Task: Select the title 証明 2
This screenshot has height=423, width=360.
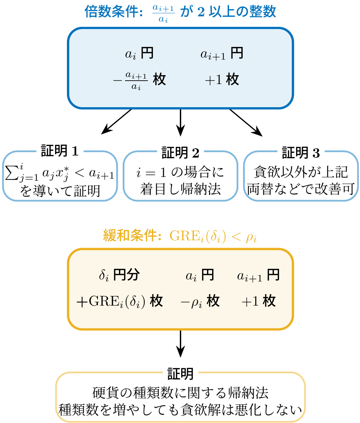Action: click(x=180, y=153)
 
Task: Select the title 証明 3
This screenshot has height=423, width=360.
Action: click(x=301, y=153)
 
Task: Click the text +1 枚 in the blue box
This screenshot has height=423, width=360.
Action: click(x=222, y=80)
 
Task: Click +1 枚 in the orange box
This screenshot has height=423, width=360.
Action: click(x=258, y=301)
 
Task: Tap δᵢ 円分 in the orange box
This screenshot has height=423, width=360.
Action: click(x=119, y=275)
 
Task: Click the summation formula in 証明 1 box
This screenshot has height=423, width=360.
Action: click(x=60, y=173)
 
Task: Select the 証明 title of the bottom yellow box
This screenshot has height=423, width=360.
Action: click(x=180, y=374)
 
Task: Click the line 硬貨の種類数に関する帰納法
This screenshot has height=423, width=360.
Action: click(x=180, y=393)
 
